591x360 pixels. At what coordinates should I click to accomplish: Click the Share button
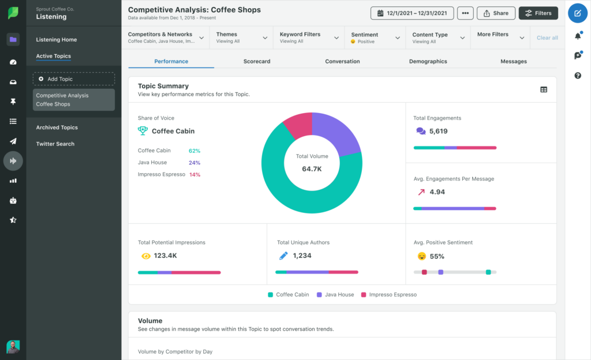(x=496, y=13)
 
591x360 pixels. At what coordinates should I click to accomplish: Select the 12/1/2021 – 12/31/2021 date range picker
(x=413, y=13)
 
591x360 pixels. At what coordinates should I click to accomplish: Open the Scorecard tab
(x=257, y=61)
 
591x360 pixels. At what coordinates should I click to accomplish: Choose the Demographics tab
(x=428, y=61)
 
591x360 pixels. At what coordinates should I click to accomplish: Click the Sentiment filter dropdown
(x=376, y=37)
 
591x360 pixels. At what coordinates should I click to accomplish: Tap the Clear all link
(x=547, y=37)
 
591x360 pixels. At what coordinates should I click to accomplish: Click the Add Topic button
(x=74, y=78)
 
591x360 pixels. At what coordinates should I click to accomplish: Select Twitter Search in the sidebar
(x=55, y=144)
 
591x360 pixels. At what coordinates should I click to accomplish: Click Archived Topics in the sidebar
(x=57, y=127)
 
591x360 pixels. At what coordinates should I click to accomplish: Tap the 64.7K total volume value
(x=312, y=169)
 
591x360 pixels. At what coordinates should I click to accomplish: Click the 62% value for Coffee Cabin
(x=194, y=151)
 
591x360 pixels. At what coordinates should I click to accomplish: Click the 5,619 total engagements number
(x=439, y=131)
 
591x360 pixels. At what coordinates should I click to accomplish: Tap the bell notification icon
(x=578, y=36)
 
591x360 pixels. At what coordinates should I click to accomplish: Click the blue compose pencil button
(x=578, y=13)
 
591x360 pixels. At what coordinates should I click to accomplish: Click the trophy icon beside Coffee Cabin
(x=143, y=131)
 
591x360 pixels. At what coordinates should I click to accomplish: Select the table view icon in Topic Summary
(x=544, y=89)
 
